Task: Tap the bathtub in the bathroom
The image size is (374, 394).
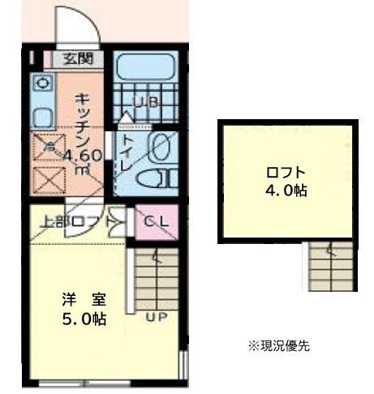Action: click(x=145, y=68)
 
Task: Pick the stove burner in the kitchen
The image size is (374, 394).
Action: click(x=43, y=82)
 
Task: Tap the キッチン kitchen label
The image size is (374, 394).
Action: click(x=84, y=118)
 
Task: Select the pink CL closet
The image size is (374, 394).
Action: click(x=156, y=221)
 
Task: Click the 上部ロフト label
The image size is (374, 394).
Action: click(x=71, y=221)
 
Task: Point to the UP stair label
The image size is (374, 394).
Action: click(x=157, y=316)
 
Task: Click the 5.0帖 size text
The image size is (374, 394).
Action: click(x=84, y=318)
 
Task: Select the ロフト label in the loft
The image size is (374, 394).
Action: click(x=286, y=172)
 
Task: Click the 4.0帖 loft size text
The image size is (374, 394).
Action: click(x=286, y=191)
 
